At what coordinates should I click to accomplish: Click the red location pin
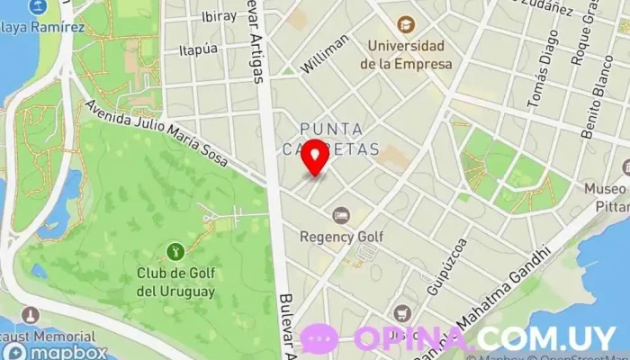(314, 157)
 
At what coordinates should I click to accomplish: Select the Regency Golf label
(341, 237)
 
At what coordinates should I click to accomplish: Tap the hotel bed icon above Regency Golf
(340, 215)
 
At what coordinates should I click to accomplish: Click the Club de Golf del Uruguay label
(175, 282)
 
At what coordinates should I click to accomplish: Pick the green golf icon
(175, 249)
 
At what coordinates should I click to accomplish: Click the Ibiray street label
(219, 16)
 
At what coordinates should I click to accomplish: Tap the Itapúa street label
(198, 49)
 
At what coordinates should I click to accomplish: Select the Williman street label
(325, 54)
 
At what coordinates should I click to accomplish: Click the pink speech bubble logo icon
(319, 338)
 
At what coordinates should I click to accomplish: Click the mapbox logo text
(70, 352)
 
